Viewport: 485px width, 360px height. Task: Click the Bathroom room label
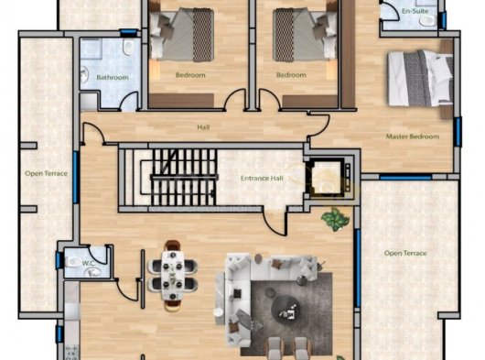113,77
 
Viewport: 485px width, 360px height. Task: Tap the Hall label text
203,127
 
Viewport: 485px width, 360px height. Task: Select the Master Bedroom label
413,136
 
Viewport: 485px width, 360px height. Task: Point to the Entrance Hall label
262,179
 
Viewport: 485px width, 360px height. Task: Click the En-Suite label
415,11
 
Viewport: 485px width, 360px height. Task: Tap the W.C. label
89,264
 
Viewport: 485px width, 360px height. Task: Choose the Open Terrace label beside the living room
405,253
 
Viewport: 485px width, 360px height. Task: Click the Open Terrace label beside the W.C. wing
46,173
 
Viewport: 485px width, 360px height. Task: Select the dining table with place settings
173,275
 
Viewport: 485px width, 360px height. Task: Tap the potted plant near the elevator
335,220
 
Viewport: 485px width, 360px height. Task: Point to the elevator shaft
328,178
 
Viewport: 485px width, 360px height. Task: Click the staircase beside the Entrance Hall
183,177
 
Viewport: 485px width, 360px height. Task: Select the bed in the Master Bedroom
421,79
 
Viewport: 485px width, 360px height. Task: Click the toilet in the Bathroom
127,47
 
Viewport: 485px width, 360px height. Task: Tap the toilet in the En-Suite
427,21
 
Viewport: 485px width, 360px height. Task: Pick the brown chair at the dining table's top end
173,245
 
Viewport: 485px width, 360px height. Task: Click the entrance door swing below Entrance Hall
275,222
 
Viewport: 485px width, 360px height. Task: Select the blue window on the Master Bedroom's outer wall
458,132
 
